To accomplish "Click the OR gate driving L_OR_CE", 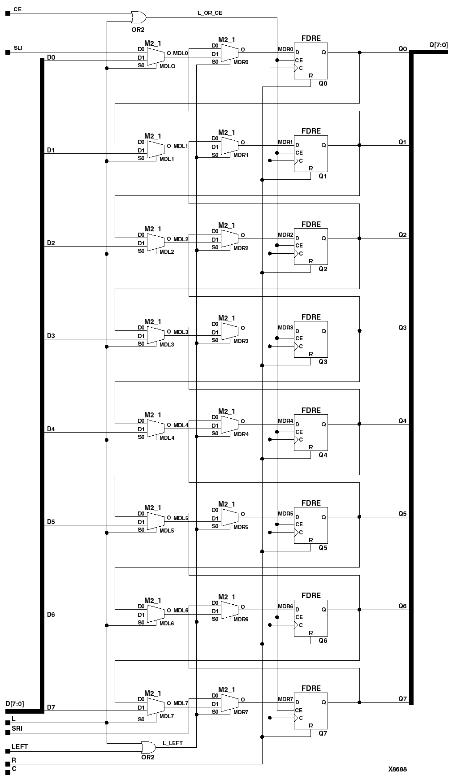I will pos(138,17).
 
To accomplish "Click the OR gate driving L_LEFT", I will pos(148,747).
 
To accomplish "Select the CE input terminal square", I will pos(8,13).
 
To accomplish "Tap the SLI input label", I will pos(18,48).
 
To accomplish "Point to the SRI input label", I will pos(17,728).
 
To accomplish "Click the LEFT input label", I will pos(20,747).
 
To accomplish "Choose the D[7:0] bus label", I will pos(15,704).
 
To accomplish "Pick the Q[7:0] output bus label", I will pos(438,45).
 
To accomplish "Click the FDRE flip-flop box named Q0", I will pos(311,61).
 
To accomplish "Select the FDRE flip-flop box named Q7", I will pos(311,711).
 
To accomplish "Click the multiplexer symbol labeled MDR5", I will pos(229,517).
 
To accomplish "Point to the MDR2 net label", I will pos(285,235).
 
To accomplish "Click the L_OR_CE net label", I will pos(210,13).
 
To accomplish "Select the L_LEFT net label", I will pos(173,743).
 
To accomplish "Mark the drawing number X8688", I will pos(397,769).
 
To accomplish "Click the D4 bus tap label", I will pos(51,429).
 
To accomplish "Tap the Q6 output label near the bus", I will pos(403,606).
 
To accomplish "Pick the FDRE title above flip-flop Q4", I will pos(311,410).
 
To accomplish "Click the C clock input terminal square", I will pos(8,772).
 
